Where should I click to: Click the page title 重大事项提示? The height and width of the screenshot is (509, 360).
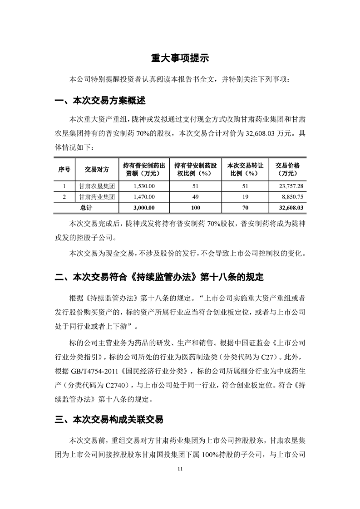180,59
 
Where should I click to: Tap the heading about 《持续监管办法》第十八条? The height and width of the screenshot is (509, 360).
159,277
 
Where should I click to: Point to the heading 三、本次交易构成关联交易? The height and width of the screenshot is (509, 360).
109,420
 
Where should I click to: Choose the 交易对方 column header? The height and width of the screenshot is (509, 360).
97,169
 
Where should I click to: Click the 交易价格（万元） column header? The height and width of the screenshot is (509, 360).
287,169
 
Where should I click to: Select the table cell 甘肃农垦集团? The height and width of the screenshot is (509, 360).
97,186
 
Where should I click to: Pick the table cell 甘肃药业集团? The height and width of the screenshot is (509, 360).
97,197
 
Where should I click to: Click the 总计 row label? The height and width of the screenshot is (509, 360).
86,208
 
